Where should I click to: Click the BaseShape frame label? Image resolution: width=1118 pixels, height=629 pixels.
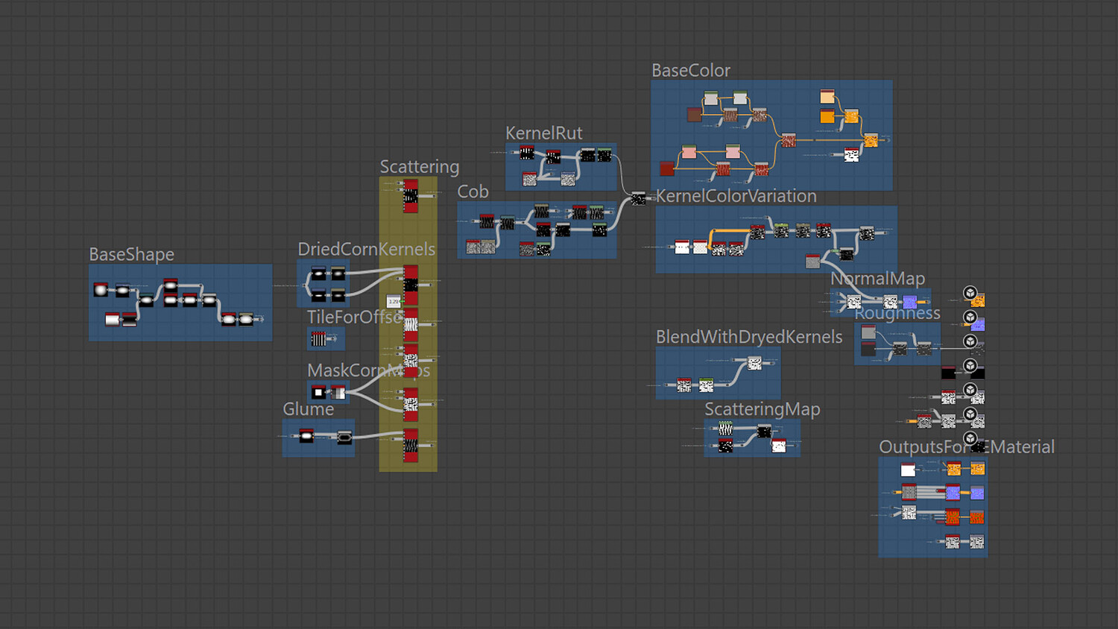(131, 255)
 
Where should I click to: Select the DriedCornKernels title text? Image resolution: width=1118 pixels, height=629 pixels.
(366, 250)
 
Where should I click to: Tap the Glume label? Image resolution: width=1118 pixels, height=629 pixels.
(308, 409)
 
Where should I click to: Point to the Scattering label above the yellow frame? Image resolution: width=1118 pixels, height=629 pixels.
(419, 167)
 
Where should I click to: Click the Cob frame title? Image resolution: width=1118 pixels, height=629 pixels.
(473, 192)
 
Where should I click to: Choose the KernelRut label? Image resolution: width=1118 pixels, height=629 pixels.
(543, 133)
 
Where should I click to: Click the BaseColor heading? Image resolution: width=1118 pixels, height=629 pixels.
(690, 71)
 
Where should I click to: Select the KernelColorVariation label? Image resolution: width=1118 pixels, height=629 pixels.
(736, 196)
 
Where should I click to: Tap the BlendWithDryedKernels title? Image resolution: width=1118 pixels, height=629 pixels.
(748, 337)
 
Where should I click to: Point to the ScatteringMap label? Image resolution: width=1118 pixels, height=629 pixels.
(762, 409)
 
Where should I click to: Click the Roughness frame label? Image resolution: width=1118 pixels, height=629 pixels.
(897, 314)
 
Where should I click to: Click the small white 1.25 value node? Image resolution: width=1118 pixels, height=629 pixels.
(394, 302)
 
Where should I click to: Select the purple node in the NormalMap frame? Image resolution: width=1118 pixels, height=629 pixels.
(910, 302)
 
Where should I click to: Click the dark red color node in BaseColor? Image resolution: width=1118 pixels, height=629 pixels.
(667, 169)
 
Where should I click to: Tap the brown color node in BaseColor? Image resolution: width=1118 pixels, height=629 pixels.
(695, 115)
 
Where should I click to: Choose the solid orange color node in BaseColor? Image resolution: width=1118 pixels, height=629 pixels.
(827, 116)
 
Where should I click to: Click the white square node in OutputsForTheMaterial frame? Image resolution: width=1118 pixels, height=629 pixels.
(908, 470)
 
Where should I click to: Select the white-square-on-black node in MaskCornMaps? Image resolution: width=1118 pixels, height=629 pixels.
(319, 392)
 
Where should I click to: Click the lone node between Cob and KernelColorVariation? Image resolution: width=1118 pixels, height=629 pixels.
(638, 198)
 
